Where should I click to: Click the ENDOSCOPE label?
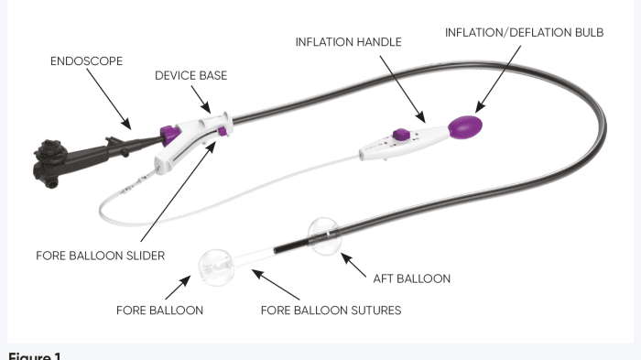click(86, 60)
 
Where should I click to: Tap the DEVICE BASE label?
click(190, 76)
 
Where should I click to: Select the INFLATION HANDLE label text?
click(348, 42)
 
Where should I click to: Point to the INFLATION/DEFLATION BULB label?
click(524, 32)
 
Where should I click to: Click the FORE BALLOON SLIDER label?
click(101, 256)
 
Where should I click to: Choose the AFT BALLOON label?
click(412, 278)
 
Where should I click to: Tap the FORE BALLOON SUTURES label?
click(331, 310)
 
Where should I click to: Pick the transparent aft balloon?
click(326, 236)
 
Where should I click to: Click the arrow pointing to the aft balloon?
click(357, 263)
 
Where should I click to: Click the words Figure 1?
click(35, 355)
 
